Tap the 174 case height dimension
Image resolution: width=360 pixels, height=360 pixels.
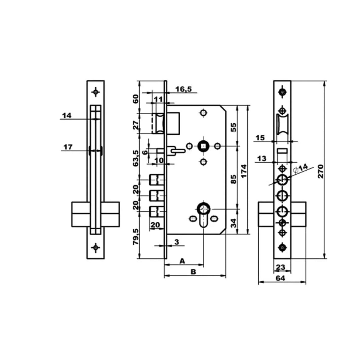tap(243, 171)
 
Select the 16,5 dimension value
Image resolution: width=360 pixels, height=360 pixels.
tap(184, 89)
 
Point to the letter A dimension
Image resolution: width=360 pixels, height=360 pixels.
tap(182, 261)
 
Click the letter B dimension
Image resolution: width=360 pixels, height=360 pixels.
tap(193, 272)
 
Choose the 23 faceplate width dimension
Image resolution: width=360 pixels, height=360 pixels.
tap(280, 267)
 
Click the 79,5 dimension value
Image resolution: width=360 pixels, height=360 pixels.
tap(136, 237)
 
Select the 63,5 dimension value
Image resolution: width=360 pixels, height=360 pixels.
tap(136, 158)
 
